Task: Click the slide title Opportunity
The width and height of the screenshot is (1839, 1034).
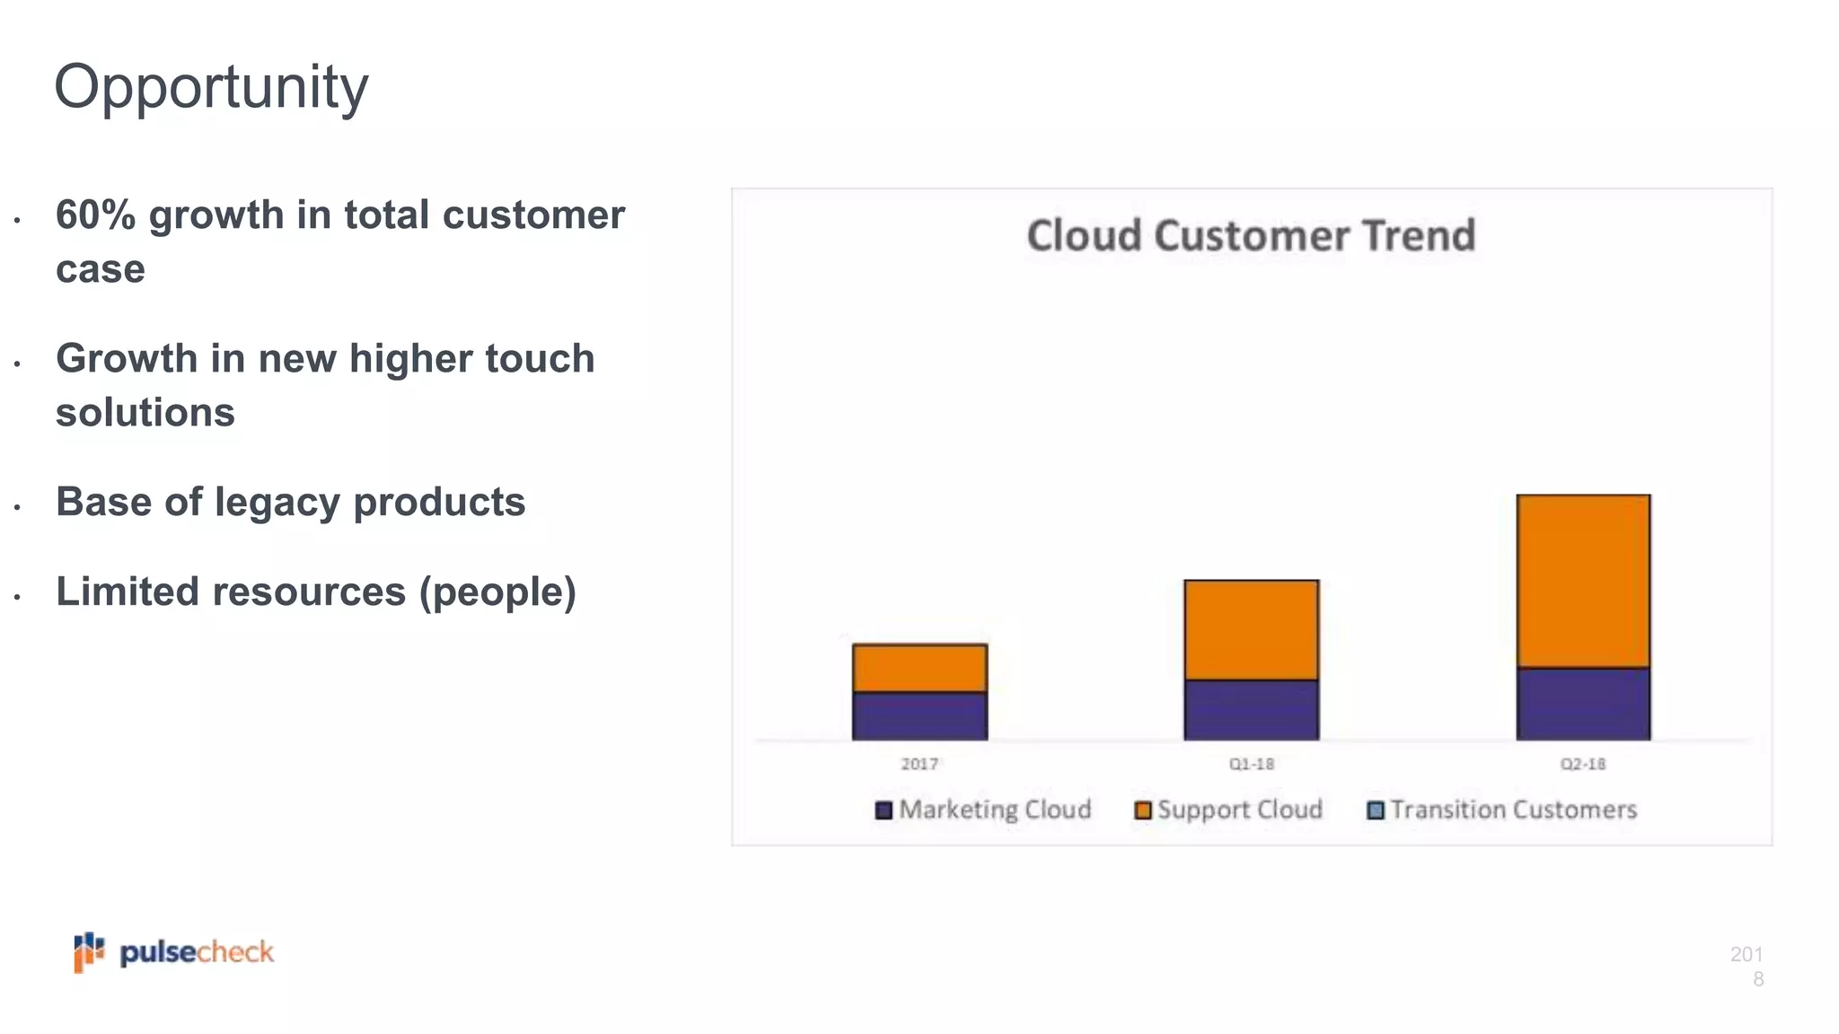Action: (211, 88)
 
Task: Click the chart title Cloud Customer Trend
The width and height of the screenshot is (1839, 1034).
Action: (1251, 236)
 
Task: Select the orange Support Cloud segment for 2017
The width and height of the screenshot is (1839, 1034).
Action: (919, 668)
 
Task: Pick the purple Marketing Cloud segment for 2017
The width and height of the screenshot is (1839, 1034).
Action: (919, 716)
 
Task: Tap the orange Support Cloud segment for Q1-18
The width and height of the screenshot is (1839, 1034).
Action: (1251, 630)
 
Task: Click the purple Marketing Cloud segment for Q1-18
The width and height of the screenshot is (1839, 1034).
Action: (1251, 710)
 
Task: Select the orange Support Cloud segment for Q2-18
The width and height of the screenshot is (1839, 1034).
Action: (1583, 582)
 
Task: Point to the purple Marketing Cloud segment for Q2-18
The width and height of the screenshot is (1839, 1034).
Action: (1583, 705)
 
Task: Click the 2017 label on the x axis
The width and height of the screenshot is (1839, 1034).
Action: (919, 764)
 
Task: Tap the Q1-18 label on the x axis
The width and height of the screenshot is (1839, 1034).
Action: (1251, 764)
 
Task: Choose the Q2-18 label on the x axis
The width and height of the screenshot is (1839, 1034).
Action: (1582, 764)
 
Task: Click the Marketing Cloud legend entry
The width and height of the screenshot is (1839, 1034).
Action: (983, 810)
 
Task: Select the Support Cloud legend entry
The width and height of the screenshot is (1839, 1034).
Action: (1228, 810)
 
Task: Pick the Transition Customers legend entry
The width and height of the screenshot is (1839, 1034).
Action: (1501, 810)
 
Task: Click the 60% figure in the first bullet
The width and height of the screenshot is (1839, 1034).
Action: (94, 215)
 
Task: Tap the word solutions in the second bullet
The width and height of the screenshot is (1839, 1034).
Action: (145, 413)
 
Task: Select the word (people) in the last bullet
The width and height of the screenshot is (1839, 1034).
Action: (497, 592)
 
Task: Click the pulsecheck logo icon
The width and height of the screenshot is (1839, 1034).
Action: (89, 951)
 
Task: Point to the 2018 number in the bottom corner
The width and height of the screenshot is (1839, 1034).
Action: (1747, 966)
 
